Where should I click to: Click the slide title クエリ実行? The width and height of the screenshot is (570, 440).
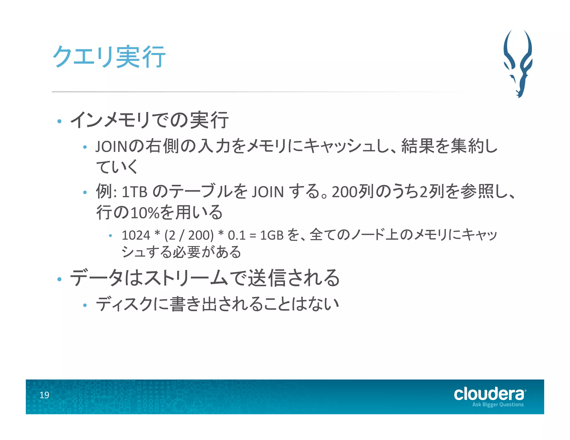click(109, 57)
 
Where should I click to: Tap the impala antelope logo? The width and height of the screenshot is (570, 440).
click(518, 63)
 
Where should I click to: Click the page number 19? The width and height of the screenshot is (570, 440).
click(44, 395)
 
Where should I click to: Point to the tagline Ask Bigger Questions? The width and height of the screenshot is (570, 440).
click(498, 405)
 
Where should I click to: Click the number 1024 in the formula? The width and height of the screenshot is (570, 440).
click(136, 235)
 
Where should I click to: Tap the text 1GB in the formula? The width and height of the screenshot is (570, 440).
click(272, 235)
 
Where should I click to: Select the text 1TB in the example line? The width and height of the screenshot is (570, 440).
click(135, 192)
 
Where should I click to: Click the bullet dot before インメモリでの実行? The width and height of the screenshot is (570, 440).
click(59, 121)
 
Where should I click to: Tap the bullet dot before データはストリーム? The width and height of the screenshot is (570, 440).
click(59, 279)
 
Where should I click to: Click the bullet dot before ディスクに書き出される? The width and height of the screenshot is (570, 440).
click(85, 305)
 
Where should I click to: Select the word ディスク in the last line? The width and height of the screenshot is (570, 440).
click(124, 304)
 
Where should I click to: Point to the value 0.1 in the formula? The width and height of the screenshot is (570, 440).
click(237, 235)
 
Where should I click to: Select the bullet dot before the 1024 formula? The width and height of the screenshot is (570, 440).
click(110, 236)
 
